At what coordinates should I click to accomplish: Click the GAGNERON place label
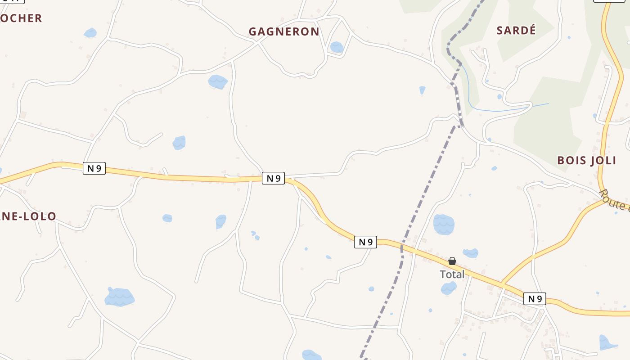coord(284,31)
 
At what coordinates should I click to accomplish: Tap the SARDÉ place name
coord(516,30)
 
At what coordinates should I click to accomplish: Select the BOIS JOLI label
coord(586,161)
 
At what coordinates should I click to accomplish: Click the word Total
coord(452,274)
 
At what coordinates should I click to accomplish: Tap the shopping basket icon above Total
coord(452,261)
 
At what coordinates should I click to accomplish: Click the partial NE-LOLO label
coord(28,216)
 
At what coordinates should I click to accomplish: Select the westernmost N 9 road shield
coord(94,168)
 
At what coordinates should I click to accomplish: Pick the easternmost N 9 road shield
coord(535,299)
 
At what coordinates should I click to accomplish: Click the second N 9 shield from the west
coord(273,178)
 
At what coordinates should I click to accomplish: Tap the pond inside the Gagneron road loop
coord(337,47)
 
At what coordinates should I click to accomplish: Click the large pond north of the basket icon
coord(444,224)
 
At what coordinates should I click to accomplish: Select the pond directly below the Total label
coord(449,288)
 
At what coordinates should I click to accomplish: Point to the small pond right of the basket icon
coord(471,253)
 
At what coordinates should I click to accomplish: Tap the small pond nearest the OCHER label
coord(90,33)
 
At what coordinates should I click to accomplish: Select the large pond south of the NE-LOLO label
coord(119,297)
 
